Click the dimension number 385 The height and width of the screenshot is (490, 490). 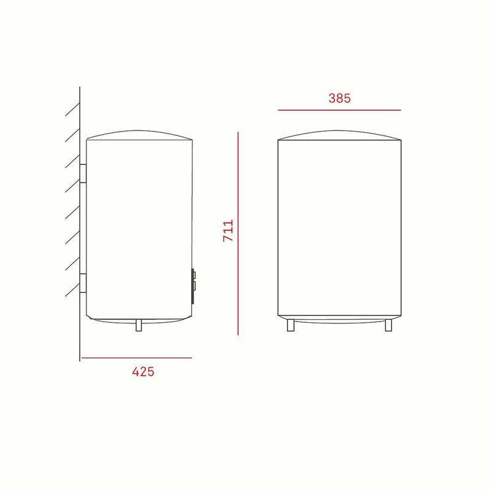[x=339, y=98]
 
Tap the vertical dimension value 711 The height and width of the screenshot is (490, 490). [x=228, y=231]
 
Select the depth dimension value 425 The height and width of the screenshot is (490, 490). [x=143, y=372]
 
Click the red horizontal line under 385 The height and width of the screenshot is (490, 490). [x=339, y=110]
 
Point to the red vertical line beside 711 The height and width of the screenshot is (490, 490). [x=238, y=233]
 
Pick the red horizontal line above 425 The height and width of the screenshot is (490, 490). [x=136, y=358]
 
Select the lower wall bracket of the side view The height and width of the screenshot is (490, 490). [x=83, y=284]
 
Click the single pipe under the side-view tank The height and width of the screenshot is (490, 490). [x=139, y=325]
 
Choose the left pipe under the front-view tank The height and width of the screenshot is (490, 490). [x=291, y=326]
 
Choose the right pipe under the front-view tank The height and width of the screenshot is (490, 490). [x=388, y=326]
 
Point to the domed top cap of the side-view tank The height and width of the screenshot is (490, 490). [x=140, y=134]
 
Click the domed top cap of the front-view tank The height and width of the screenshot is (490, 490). [x=340, y=135]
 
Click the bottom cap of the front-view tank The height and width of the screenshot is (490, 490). [x=340, y=320]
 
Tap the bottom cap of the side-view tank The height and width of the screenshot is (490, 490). [x=140, y=320]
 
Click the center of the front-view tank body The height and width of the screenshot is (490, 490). [x=340, y=230]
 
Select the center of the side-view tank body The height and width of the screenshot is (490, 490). [x=140, y=230]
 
